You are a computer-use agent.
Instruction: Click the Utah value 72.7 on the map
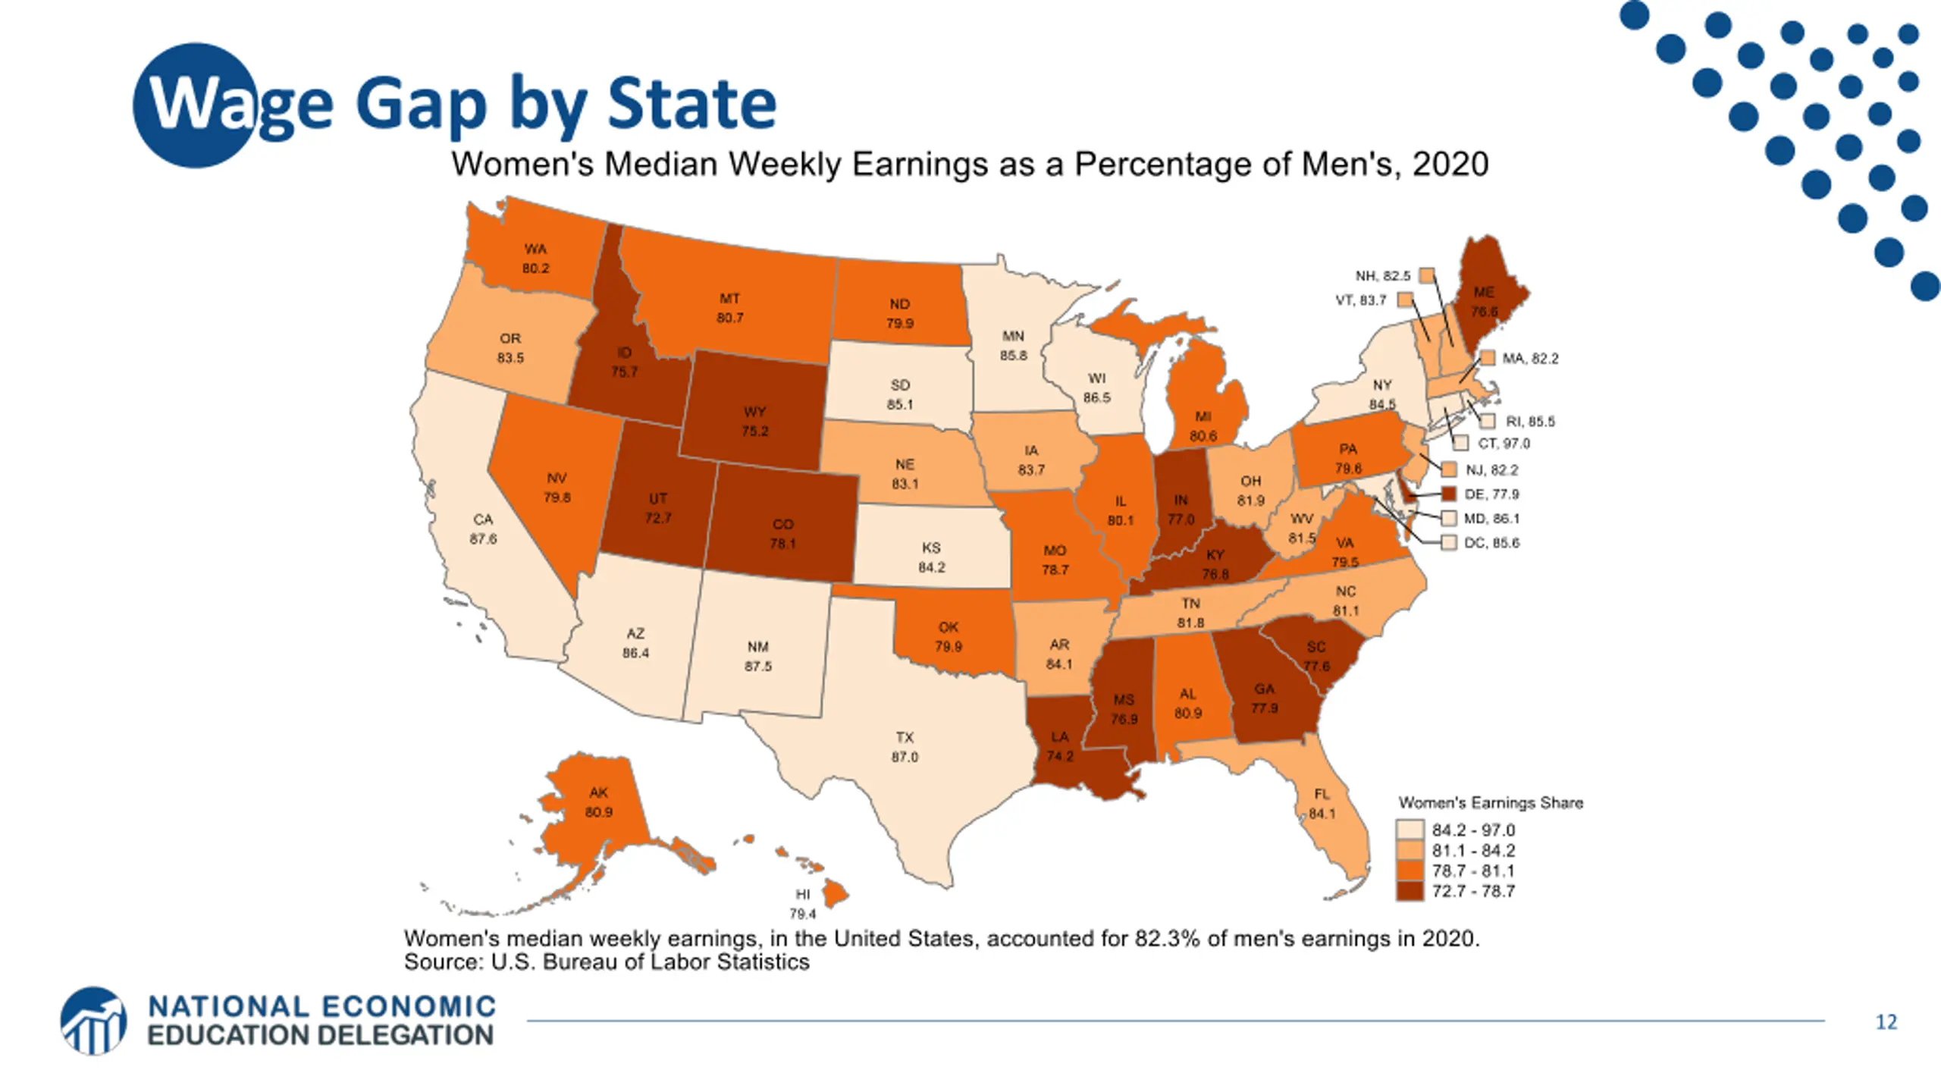click(x=657, y=518)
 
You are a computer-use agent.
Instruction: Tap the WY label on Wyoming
click(x=754, y=412)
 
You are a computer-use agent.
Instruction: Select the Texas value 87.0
click(x=905, y=757)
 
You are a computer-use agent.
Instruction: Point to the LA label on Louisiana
click(x=1060, y=736)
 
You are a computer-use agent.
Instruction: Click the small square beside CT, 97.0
click(x=1461, y=444)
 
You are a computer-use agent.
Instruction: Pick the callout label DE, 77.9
click(x=1491, y=494)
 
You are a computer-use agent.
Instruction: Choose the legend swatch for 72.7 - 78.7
click(x=1410, y=891)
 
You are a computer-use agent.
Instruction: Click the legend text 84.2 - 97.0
click(x=1472, y=830)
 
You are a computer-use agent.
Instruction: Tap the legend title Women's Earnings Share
click(x=1490, y=803)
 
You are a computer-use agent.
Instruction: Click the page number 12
click(x=1886, y=1022)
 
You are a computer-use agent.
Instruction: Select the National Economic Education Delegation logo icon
click(x=94, y=1021)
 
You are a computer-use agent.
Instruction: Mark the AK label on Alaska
click(x=598, y=792)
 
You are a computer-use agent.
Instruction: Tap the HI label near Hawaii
click(x=802, y=895)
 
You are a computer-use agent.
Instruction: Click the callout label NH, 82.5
click(x=1383, y=276)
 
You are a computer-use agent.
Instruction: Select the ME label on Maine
click(x=1484, y=292)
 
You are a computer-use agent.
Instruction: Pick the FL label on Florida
click(x=1322, y=794)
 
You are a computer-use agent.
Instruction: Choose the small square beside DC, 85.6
click(x=1449, y=543)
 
